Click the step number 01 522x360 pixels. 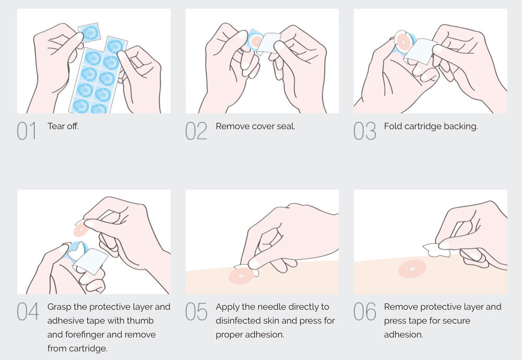[26, 131]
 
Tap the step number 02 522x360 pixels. [196, 131]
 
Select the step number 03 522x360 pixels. [364, 131]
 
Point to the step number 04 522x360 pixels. [28, 311]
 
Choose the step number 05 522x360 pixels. [196, 311]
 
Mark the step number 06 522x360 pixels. [364, 311]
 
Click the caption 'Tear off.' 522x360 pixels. [63, 126]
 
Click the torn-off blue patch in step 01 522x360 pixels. [89, 32]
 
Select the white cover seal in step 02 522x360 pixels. [268, 43]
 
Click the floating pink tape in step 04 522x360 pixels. [81, 229]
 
